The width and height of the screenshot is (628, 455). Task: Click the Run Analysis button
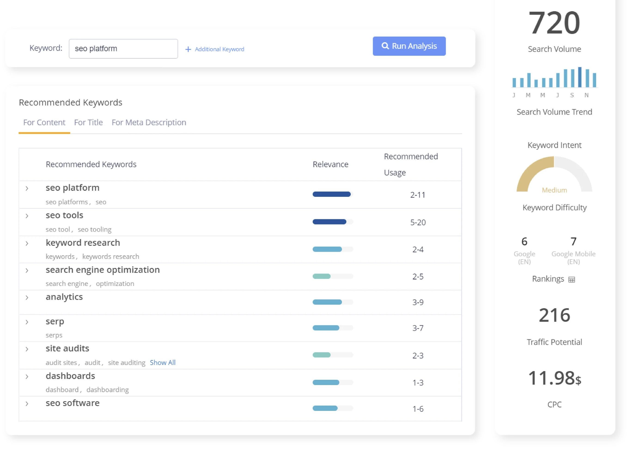409,46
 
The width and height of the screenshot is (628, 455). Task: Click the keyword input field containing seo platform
123,49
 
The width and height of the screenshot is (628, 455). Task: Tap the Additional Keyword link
215,49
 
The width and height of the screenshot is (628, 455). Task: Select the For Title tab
88,122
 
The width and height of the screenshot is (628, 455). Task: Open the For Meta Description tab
149,122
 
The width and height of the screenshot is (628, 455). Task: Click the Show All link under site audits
162,363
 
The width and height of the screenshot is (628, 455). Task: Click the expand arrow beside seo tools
27,216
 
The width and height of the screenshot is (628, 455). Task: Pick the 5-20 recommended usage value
418,222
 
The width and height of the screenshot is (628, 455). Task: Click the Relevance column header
330,164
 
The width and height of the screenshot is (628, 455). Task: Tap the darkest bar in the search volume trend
579,77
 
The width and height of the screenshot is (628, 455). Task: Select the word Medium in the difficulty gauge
554,190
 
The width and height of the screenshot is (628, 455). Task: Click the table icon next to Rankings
572,279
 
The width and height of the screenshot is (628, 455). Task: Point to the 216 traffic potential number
554,315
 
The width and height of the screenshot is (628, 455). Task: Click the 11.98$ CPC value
554,378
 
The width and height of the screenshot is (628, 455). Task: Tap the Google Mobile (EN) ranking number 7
573,242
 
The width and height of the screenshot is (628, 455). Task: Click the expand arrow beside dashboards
27,377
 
